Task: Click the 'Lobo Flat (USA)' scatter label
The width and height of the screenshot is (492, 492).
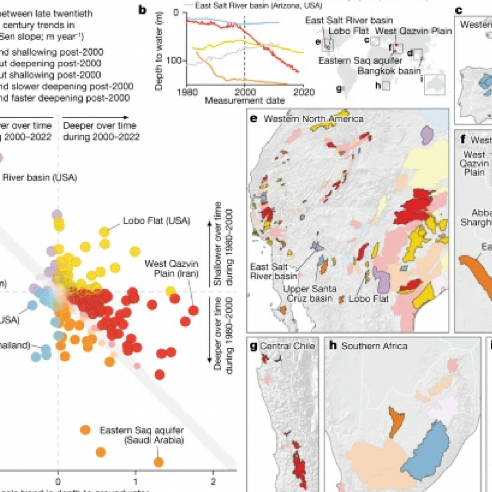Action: click(156, 221)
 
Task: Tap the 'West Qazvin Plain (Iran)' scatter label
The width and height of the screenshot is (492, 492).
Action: click(171, 268)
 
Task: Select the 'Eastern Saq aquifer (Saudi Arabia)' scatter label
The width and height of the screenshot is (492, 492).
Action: click(142, 435)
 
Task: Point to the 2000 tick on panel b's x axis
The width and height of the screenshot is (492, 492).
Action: click(245, 92)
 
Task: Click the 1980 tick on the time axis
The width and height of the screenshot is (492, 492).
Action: click(187, 92)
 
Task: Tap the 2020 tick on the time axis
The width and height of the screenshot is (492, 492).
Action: click(304, 92)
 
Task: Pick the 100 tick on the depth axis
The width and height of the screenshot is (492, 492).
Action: click(174, 60)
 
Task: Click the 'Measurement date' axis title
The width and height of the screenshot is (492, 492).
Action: click(245, 101)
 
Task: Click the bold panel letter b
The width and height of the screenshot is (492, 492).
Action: click(142, 10)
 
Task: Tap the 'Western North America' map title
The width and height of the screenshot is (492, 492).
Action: click(313, 119)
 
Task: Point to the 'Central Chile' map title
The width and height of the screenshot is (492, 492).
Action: click(287, 346)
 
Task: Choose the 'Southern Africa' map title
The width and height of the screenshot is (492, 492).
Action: click(374, 346)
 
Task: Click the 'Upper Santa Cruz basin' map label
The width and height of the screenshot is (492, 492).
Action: click(310, 294)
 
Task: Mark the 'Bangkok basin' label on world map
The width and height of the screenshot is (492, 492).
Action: click(389, 71)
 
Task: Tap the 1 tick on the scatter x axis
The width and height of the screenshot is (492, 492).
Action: click(135, 481)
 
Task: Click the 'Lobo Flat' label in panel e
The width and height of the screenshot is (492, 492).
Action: click(369, 299)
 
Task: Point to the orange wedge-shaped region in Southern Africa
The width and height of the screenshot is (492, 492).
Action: click(396, 420)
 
